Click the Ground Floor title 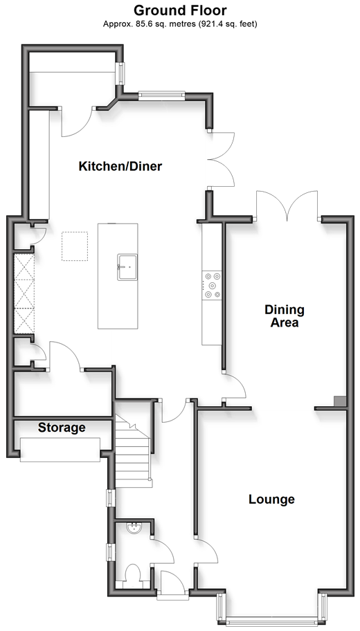(x=180, y=10)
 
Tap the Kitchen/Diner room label (x=120, y=166)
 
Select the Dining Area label (x=285, y=316)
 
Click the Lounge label (x=271, y=500)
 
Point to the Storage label (x=62, y=428)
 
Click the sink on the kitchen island (x=127, y=267)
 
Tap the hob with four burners (x=213, y=285)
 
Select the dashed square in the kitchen (x=75, y=246)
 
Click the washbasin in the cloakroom (x=134, y=528)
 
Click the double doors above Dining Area (x=287, y=206)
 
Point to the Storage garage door (x=60, y=450)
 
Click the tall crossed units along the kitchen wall (x=24, y=293)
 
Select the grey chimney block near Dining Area (x=340, y=401)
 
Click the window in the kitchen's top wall (x=161, y=95)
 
